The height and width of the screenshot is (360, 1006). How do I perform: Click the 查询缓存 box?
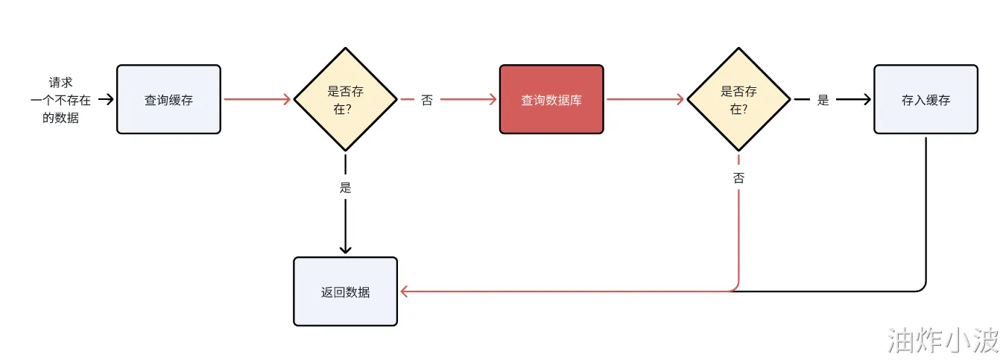168,99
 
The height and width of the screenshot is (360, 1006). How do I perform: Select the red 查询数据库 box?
551,99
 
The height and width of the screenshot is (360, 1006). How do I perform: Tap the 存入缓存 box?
926,99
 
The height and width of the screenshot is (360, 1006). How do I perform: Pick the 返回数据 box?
345,291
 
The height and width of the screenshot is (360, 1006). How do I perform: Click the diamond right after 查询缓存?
345,99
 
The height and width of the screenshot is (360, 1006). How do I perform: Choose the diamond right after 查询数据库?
738,99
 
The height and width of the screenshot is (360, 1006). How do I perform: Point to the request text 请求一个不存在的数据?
60,100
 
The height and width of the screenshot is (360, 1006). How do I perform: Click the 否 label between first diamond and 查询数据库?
427,100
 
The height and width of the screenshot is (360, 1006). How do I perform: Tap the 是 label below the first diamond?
345,187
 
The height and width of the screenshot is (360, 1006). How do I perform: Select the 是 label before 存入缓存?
823,100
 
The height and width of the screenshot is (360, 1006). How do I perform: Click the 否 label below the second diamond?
738,178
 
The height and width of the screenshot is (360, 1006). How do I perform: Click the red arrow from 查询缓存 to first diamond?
257,99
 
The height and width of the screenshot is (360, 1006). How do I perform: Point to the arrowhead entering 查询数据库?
493,99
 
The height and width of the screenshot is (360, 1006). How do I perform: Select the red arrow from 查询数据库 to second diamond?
645,99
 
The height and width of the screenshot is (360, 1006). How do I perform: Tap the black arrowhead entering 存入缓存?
867,99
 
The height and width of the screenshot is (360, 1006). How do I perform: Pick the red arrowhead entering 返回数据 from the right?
404,291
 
